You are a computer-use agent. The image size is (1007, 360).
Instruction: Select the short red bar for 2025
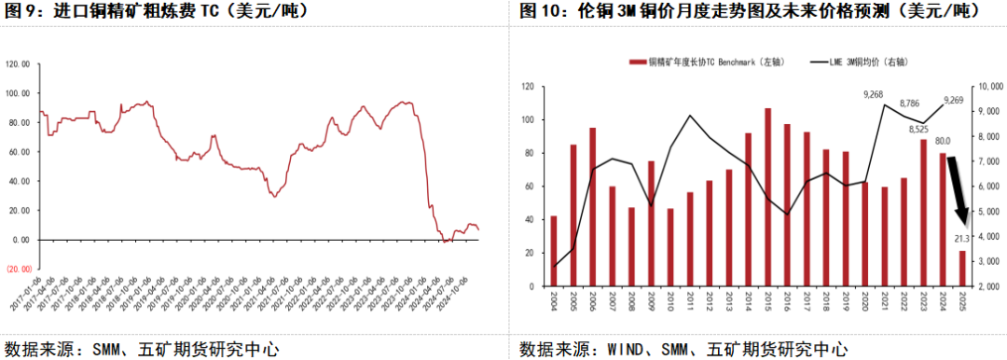click(963, 268)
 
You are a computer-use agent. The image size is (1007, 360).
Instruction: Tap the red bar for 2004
click(554, 250)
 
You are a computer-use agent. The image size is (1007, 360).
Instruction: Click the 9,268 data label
click(874, 94)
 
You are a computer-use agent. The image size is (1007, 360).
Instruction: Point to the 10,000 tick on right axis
click(987, 87)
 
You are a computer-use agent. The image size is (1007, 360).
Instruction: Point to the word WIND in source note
click(620, 350)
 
